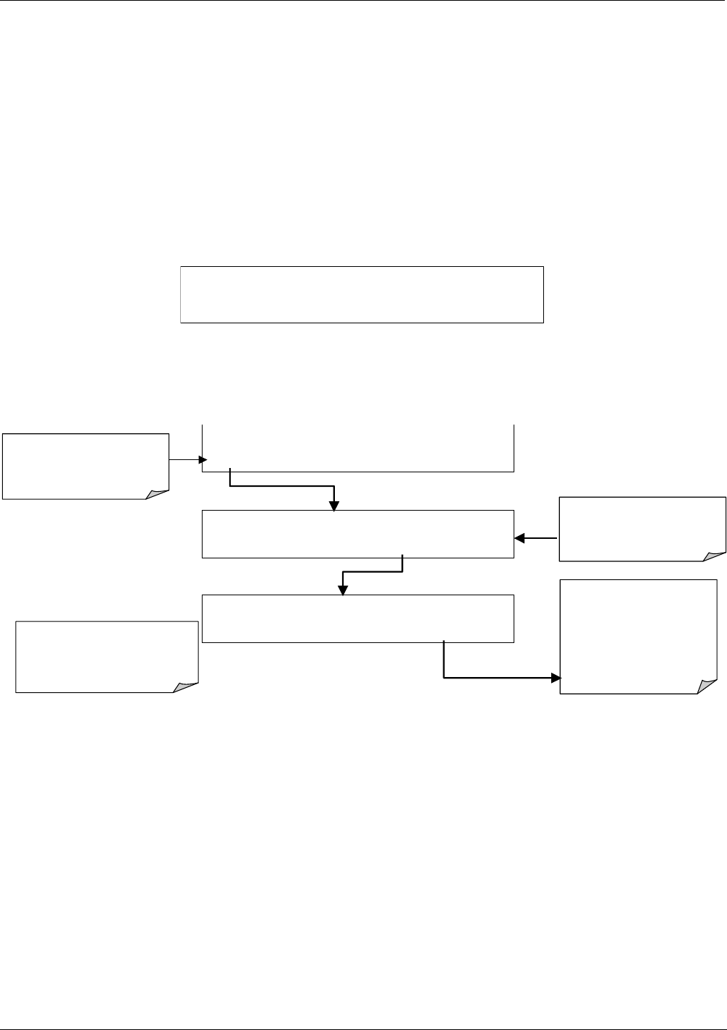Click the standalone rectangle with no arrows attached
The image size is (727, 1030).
click(x=362, y=294)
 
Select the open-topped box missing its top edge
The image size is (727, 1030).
click(x=357, y=448)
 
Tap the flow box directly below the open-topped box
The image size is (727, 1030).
click(x=357, y=534)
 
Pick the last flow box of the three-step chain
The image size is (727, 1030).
click(x=357, y=618)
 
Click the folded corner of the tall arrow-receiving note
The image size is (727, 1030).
click(x=707, y=688)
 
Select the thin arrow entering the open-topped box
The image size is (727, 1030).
click(x=187, y=459)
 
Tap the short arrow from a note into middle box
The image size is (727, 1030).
click(x=536, y=538)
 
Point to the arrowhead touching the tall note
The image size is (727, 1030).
click(x=556, y=678)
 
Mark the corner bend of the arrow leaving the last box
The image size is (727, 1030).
click(x=443, y=678)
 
